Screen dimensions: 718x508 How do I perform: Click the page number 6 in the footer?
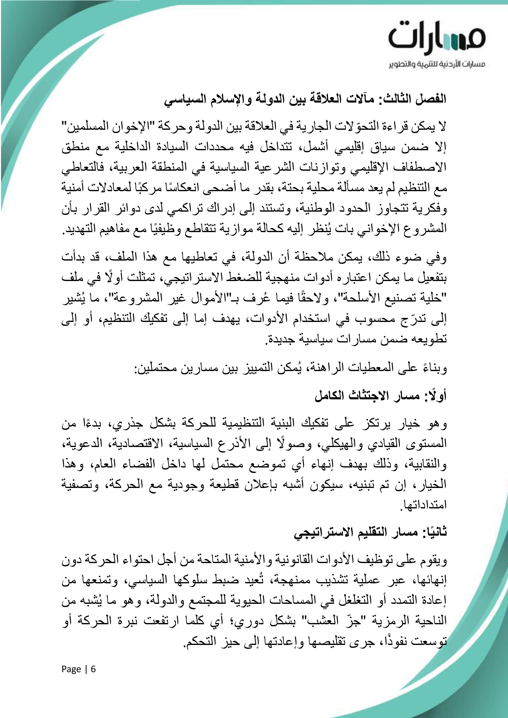[x=93, y=669]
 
